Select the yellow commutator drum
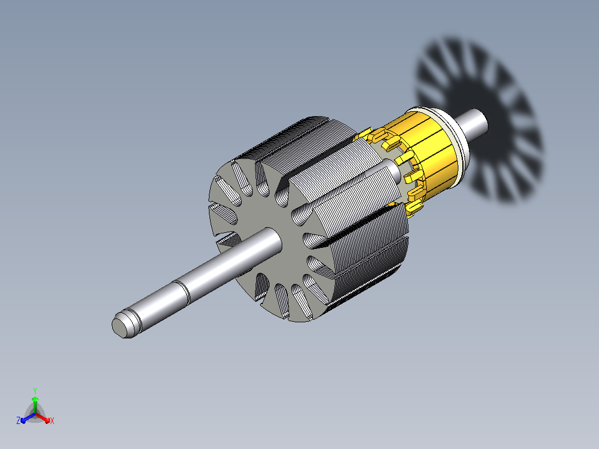430,153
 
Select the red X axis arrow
43,418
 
